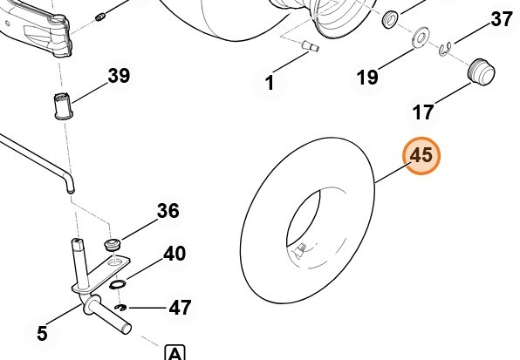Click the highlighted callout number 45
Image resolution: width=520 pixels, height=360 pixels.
[421, 155]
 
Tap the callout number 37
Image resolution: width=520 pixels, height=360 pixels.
[502, 19]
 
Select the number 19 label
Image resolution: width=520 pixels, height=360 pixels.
[367, 78]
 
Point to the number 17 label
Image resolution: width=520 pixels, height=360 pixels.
[423, 112]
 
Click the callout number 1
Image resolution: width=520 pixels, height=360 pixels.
[270, 83]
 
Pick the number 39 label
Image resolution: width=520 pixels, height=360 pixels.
[119, 76]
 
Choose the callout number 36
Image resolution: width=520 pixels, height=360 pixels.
[168, 211]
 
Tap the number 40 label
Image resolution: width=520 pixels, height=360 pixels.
[174, 254]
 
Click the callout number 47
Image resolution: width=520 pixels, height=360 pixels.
[180, 308]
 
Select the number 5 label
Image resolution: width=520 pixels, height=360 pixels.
[42, 333]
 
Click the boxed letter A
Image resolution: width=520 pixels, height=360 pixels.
[175, 353]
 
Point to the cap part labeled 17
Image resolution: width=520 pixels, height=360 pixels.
[482, 72]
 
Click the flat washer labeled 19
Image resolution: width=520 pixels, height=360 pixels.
[421, 37]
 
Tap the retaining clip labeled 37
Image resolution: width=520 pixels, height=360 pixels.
[445, 50]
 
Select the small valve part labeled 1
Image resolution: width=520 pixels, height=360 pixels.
[311, 46]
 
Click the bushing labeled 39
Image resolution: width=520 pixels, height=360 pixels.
[64, 106]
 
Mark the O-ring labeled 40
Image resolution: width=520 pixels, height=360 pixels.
[118, 284]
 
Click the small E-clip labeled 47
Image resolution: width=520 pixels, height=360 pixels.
[120, 309]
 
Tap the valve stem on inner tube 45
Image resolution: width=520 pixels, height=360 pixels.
[300, 248]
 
